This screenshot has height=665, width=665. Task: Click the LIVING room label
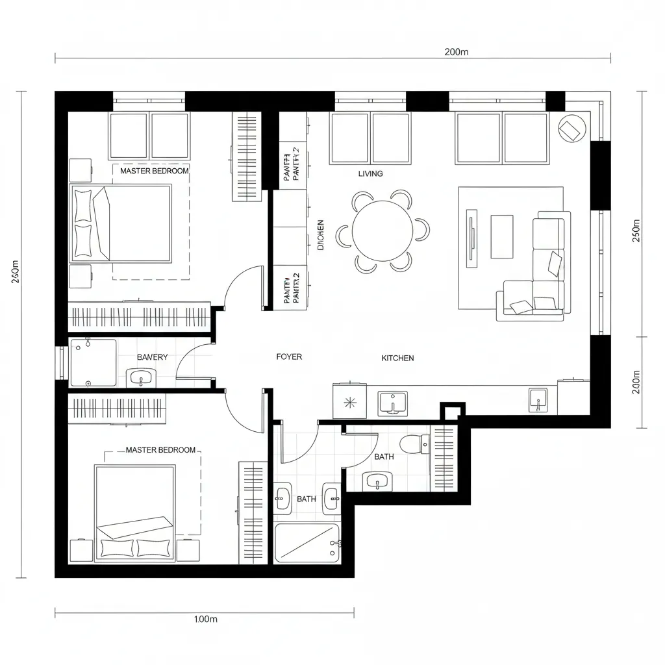click(x=370, y=173)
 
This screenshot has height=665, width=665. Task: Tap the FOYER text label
click(x=289, y=357)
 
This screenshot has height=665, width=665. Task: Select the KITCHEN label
click(x=397, y=358)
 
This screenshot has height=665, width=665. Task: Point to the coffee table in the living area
click(x=501, y=236)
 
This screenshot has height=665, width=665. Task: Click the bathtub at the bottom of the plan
click(x=307, y=543)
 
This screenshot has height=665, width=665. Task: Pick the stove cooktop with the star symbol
click(x=349, y=403)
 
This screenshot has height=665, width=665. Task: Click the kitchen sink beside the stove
click(x=392, y=403)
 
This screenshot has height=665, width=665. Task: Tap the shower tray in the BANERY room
click(x=93, y=362)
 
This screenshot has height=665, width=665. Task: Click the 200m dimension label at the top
click(x=457, y=53)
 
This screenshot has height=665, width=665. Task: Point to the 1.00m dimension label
click(x=206, y=619)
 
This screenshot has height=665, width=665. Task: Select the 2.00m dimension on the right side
click(x=636, y=383)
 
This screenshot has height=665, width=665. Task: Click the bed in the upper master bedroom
click(x=122, y=223)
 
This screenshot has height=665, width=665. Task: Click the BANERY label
click(x=152, y=357)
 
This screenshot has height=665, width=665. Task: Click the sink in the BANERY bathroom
click(x=141, y=377)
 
